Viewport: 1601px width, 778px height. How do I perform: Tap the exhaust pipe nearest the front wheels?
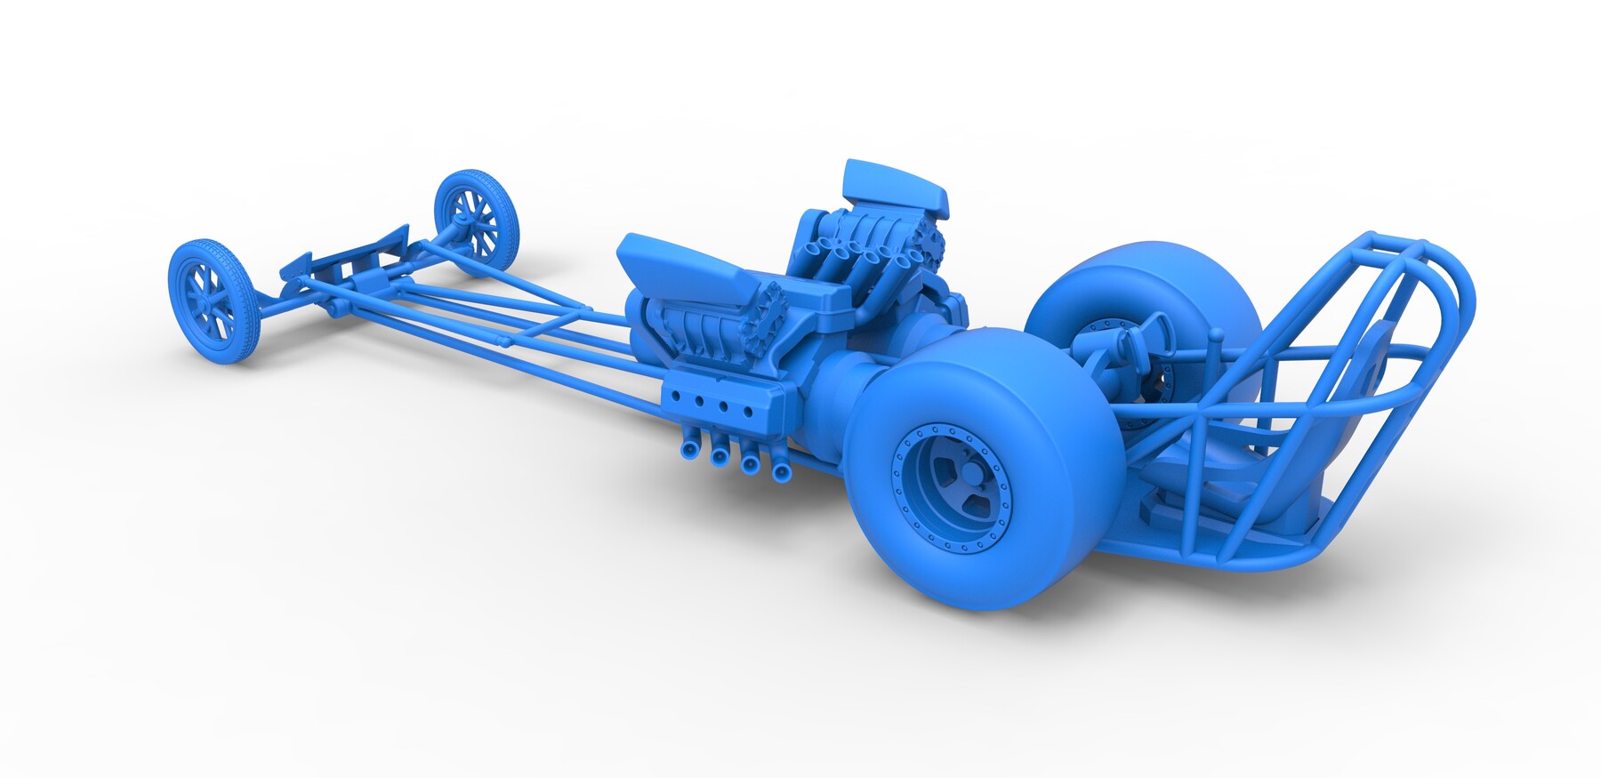coord(689,449)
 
